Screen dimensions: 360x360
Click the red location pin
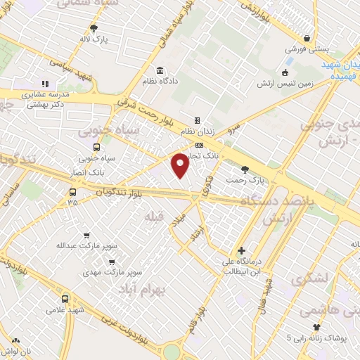(181, 165)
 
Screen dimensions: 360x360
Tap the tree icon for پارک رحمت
(245, 169)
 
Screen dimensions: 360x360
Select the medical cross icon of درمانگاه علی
(241, 250)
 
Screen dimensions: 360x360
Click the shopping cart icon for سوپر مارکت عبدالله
(86, 236)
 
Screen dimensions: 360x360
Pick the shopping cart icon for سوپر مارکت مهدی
(111, 262)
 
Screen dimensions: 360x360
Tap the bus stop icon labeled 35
(73, 191)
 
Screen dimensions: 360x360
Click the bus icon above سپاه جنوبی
(96, 148)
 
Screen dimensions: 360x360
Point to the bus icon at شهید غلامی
(65, 298)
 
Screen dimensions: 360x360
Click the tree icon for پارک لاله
(94, 28)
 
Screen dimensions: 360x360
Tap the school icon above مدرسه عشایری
(46, 83)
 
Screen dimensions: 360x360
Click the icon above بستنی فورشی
(307, 39)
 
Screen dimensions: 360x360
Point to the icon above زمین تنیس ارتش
(285, 72)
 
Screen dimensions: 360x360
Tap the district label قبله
(154, 217)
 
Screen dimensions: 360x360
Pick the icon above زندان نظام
(197, 120)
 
